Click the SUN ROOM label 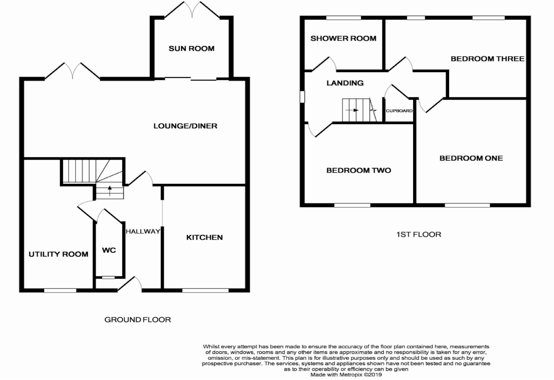tap(192, 49)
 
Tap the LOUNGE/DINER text tap(185, 126)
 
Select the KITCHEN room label tap(205, 238)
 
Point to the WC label tap(109, 250)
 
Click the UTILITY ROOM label tap(58, 254)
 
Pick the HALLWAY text tap(143, 231)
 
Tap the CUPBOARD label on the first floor tap(399, 111)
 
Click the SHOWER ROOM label tap(343, 38)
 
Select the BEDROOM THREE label tap(487, 59)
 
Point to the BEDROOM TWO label tap(359, 170)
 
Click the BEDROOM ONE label tap(471, 158)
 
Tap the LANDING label tap(345, 83)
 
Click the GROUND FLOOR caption tap(137, 320)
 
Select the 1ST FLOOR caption tap(418, 234)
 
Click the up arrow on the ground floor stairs tap(110, 191)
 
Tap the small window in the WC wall tap(108, 277)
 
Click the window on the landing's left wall tap(302, 97)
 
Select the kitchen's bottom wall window tap(205, 291)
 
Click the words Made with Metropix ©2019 tap(346, 375)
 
